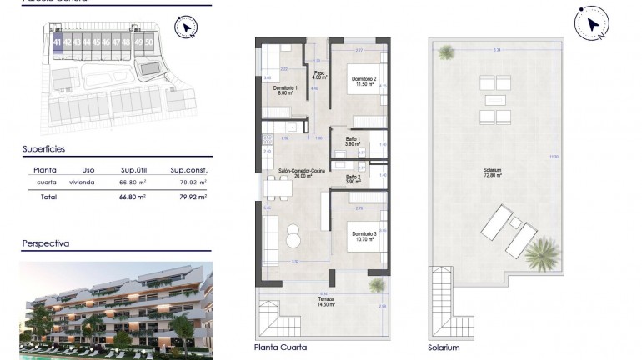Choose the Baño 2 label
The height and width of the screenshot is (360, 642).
pyautogui.click(x=354, y=178)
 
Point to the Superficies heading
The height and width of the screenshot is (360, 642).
pyautogui.click(x=43, y=149)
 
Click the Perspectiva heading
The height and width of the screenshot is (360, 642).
pyautogui.click(x=45, y=244)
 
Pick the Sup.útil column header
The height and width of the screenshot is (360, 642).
pyautogui.click(x=133, y=168)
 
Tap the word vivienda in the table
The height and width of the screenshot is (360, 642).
pyautogui.click(x=82, y=182)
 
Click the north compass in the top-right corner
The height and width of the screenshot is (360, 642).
pyautogui.click(x=593, y=26)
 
